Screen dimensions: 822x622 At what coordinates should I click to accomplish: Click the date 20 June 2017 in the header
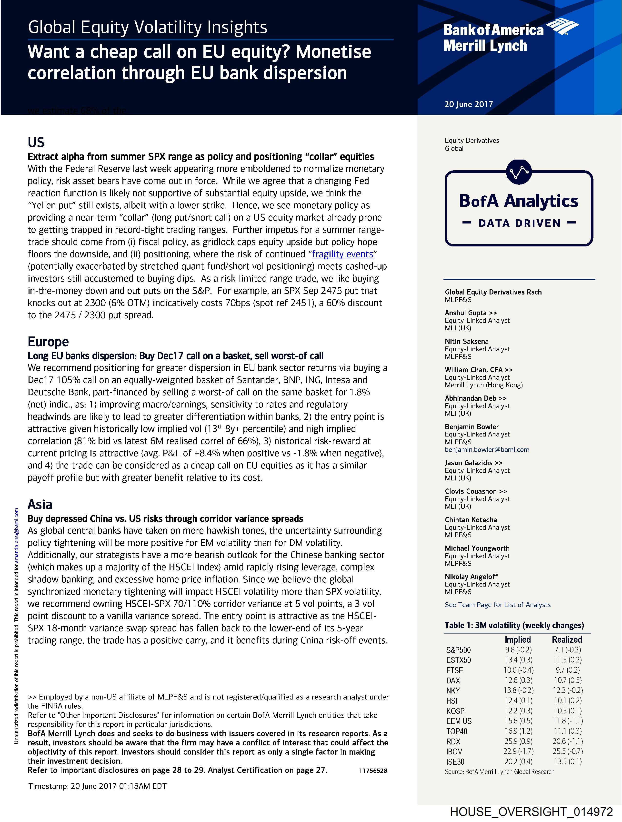pos(468,104)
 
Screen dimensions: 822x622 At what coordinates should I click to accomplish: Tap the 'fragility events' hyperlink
pos(342,254)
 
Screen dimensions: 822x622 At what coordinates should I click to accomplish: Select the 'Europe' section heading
pos(48,342)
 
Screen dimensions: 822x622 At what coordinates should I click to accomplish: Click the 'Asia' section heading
pos(40,504)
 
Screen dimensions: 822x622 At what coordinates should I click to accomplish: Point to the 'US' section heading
pos(36,142)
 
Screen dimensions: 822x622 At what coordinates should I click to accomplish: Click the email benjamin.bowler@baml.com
pos(487,450)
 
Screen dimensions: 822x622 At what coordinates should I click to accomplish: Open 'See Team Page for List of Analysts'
pos(498,605)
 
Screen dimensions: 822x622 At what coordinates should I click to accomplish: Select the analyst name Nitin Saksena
pos(467,341)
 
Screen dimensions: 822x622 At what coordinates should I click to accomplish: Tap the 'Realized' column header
pos(567,639)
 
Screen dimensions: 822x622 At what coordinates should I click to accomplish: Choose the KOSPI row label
pos(456,711)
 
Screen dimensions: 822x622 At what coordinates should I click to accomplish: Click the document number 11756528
pos(373,771)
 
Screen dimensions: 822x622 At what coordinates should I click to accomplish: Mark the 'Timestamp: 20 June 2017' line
pos(97,786)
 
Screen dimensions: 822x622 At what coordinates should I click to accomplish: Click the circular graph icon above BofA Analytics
pos(519,172)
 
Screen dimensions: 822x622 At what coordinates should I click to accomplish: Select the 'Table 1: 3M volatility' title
pos(514,625)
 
